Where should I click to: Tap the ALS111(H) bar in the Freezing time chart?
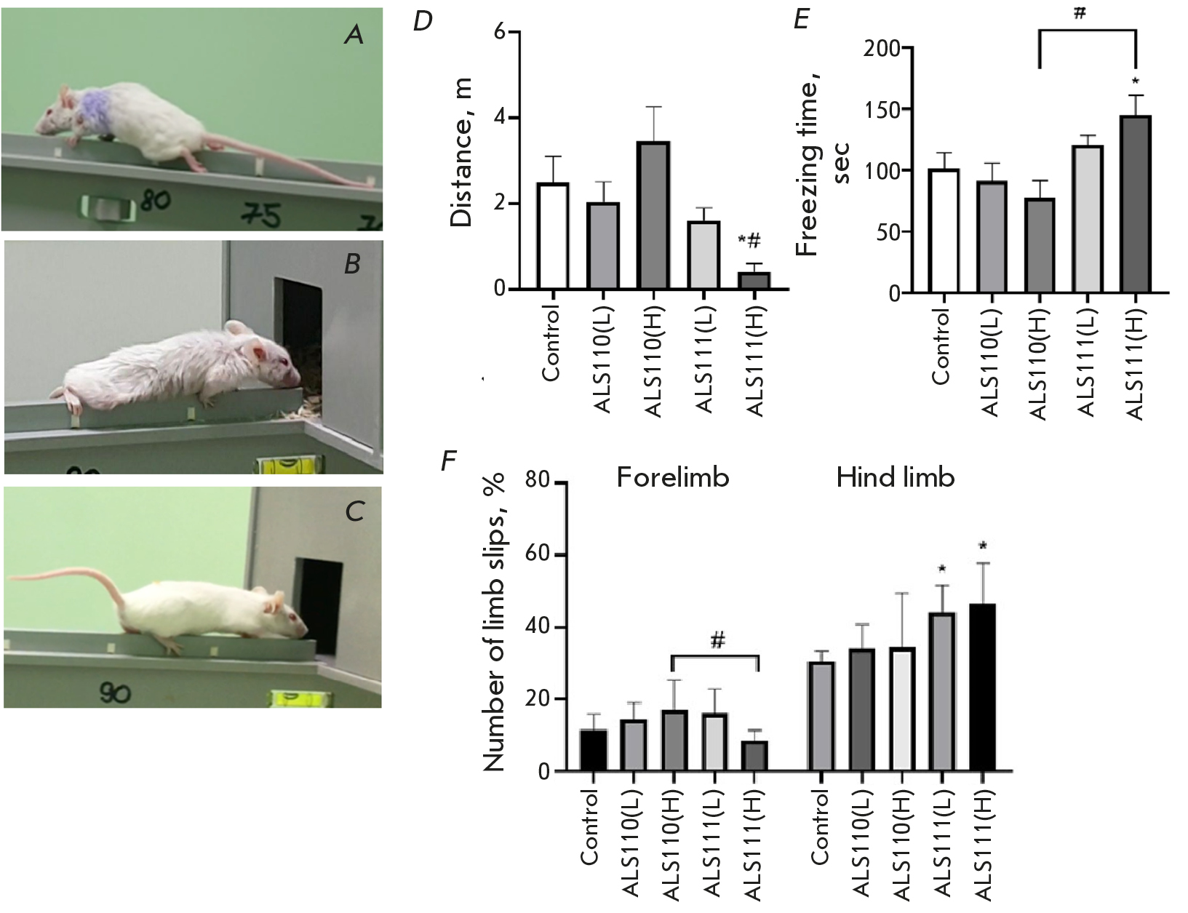1135,204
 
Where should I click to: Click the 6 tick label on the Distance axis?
500,33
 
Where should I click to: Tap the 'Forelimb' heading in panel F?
672,477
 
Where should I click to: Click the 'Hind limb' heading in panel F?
895,477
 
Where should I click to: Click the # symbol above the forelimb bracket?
717,641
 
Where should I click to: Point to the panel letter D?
423,22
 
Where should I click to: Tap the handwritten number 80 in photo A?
155,199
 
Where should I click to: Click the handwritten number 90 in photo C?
115,693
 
